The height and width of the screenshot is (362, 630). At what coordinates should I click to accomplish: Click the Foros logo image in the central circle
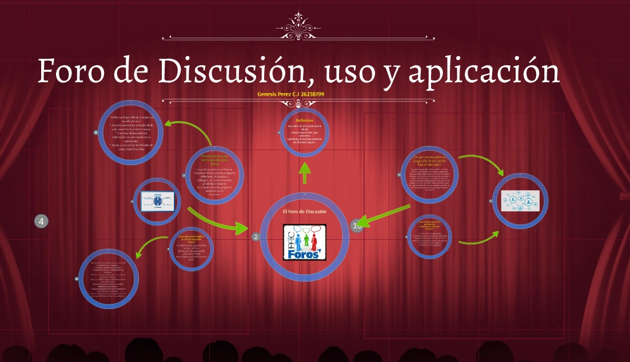[x=305, y=243]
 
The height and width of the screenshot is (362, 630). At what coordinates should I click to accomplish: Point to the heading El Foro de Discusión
[x=305, y=212]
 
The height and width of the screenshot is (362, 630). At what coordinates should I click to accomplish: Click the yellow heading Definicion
[x=305, y=120]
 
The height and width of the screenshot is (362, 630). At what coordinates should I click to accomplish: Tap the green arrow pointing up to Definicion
[x=305, y=172]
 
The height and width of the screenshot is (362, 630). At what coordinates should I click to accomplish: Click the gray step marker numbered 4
[x=41, y=221]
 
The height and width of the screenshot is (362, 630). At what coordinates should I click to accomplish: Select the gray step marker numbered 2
[x=256, y=236]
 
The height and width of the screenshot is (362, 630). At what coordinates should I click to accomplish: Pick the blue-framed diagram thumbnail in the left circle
[x=157, y=200]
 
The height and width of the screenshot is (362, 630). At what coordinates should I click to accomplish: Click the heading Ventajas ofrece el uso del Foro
[x=215, y=159]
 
